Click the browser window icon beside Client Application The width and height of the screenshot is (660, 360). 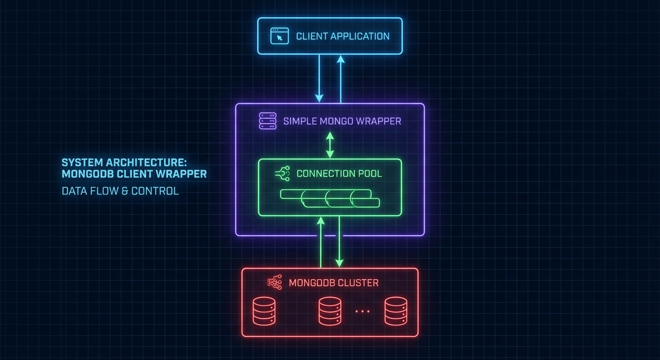pos(279,36)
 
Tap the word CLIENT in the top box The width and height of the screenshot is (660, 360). pos(312,36)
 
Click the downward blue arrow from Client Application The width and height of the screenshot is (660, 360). pos(319,78)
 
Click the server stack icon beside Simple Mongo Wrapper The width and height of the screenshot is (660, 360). pos(268,120)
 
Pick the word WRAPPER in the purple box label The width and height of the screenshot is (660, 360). pos(379,121)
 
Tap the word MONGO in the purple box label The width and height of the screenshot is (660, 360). pos(337,121)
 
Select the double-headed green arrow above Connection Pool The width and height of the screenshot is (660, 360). pos(330,144)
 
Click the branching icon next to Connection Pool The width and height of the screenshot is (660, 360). pos(283,173)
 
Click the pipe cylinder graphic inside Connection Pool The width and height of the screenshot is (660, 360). pos(330,198)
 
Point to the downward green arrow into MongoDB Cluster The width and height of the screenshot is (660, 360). pos(339,241)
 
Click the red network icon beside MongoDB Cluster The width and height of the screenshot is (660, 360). pos(274,283)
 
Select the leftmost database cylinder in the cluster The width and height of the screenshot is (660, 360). pos(264,311)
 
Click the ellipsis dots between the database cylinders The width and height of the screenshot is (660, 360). pos(362,311)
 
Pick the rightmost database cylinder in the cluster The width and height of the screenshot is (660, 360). pos(396,311)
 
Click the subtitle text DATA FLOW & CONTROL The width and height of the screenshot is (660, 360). pos(120,191)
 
